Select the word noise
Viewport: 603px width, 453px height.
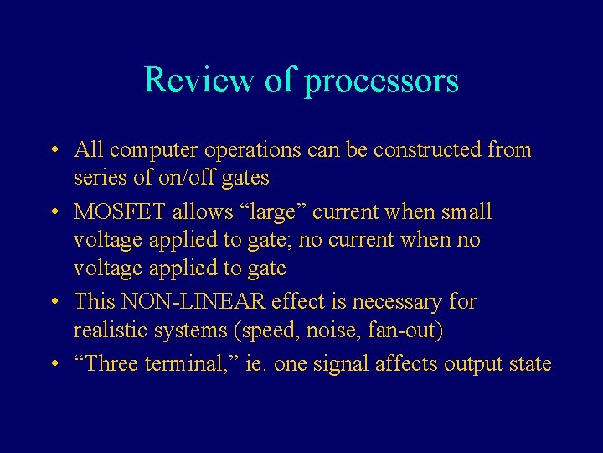pyautogui.click(x=339, y=331)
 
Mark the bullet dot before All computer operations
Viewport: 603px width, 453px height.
pyautogui.click(x=53, y=151)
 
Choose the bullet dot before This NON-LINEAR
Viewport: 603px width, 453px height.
pyautogui.click(x=53, y=301)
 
